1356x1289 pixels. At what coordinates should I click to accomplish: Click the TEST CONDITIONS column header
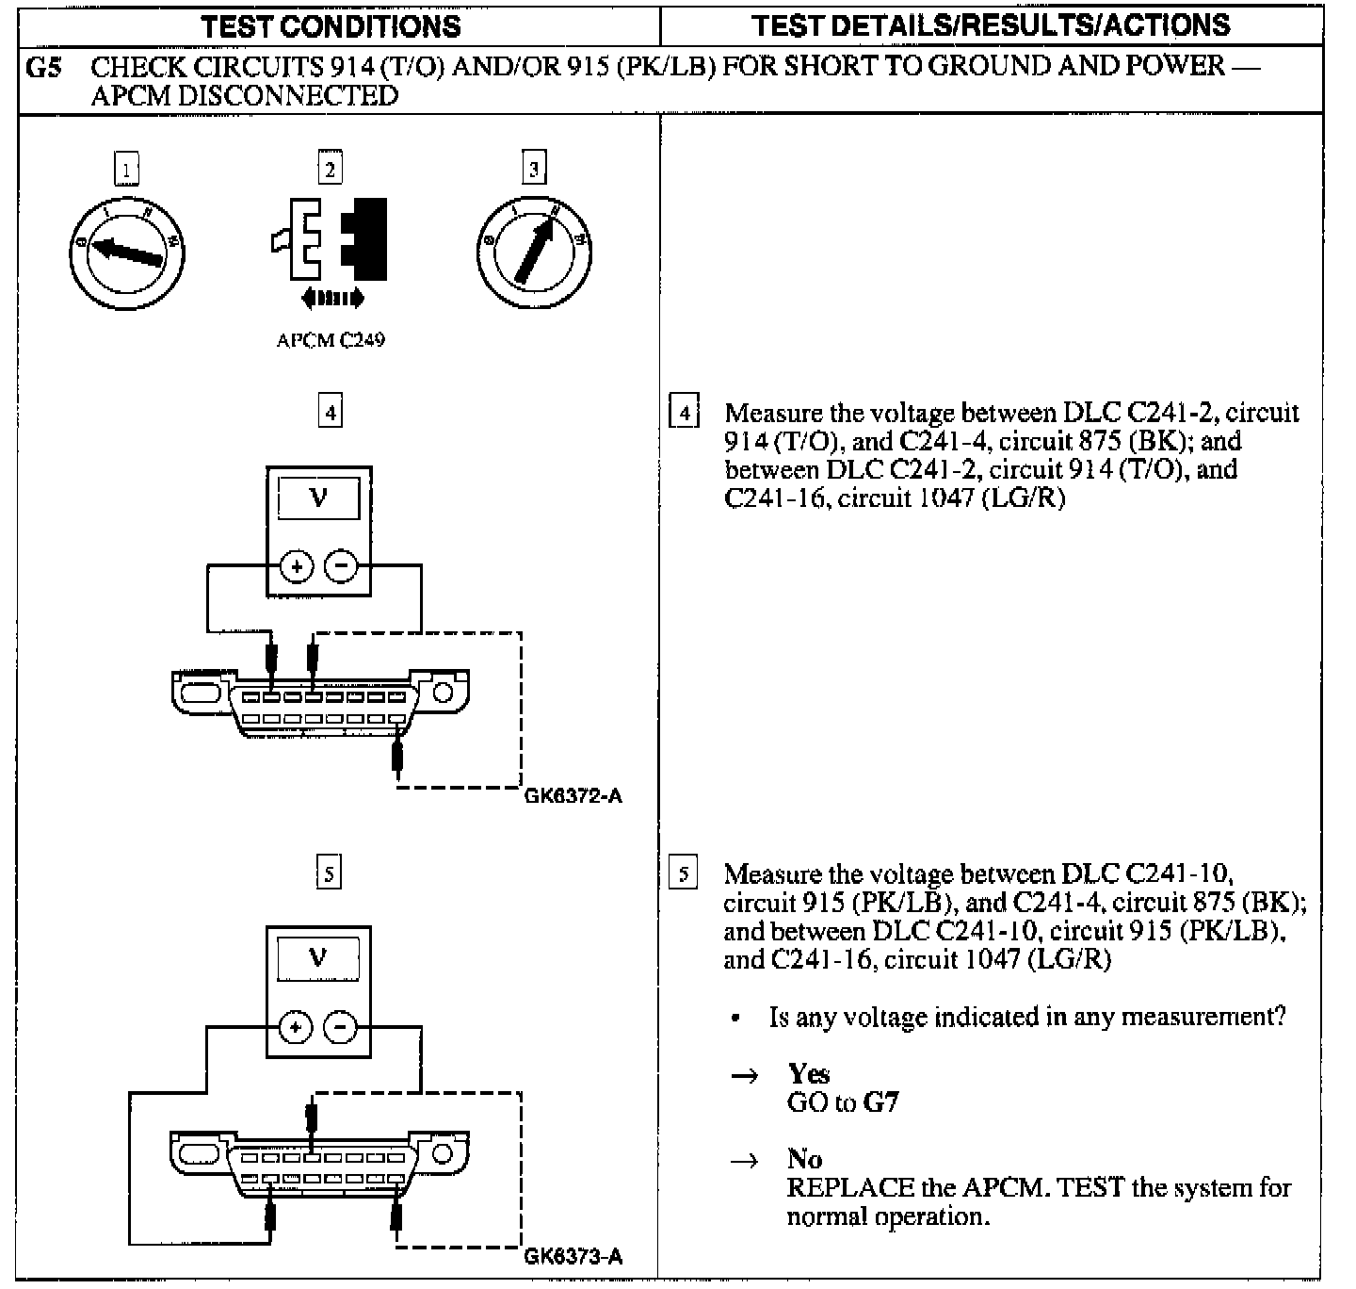pos(331,25)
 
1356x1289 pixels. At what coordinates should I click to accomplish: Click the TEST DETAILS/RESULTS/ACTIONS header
pos(992,24)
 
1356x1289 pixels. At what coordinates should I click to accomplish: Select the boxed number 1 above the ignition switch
pos(126,170)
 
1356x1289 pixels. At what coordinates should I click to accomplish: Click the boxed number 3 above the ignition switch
pos(534,169)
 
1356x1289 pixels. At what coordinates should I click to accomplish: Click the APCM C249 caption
pos(331,340)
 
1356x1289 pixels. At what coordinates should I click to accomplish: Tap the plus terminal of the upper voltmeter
pos(298,566)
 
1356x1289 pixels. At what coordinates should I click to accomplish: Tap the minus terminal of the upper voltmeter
pos(341,566)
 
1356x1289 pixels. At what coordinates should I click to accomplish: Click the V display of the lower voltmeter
pos(318,959)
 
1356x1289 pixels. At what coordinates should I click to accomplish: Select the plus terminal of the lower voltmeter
pos(297,1027)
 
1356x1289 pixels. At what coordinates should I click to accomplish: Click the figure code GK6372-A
pos(573,796)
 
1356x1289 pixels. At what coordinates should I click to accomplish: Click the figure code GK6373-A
pos(573,1257)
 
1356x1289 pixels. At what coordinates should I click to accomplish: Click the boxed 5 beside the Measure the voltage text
pos(683,874)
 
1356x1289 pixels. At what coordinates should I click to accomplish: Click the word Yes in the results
pos(809,1073)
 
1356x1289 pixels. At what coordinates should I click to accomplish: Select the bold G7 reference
pos(880,1101)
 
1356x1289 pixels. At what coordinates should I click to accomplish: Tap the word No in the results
pos(804,1159)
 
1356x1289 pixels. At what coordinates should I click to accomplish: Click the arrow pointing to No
pos(745,1161)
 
